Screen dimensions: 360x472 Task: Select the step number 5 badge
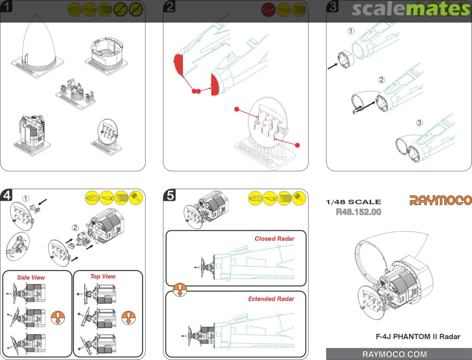pyautogui.click(x=170, y=195)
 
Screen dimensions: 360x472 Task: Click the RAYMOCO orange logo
pyautogui.click(x=441, y=200)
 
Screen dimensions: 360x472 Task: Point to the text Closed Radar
pyautogui.click(x=274, y=239)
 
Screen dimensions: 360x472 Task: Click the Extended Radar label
pyautogui.click(x=271, y=299)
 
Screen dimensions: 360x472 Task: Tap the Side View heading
pyautogui.click(x=31, y=277)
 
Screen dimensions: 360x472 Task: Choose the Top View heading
pyautogui.click(x=103, y=277)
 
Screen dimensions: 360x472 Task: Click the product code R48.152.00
pyautogui.click(x=358, y=212)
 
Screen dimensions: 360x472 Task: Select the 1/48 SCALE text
pyautogui.click(x=354, y=202)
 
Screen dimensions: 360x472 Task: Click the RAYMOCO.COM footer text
pyautogui.click(x=395, y=354)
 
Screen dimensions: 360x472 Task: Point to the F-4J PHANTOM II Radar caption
pyautogui.click(x=418, y=336)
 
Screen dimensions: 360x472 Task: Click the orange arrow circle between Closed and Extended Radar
pyautogui.click(x=180, y=290)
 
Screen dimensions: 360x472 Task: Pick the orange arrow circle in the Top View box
pyautogui.click(x=128, y=318)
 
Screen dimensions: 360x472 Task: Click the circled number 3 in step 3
pyautogui.click(x=420, y=123)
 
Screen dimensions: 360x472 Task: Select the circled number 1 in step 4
pyautogui.click(x=26, y=198)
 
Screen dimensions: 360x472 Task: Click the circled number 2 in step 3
pyautogui.click(x=382, y=80)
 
